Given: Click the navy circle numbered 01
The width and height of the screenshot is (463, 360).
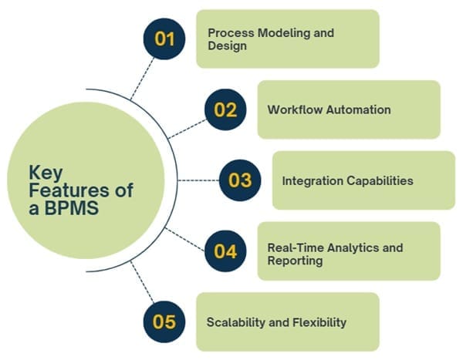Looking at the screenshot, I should pyautogui.click(x=164, y=39).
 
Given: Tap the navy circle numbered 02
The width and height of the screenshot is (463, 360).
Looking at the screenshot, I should pyautogui.click(x=225, y=109).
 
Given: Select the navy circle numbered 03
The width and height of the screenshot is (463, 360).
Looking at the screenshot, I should pyautogui.click(x=240, y=180).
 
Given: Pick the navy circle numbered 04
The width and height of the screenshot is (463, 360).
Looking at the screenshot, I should pyautogui.click(x=225, y=251).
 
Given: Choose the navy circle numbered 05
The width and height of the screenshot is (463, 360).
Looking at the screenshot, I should pyautogui.click(x=164, y=322).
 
